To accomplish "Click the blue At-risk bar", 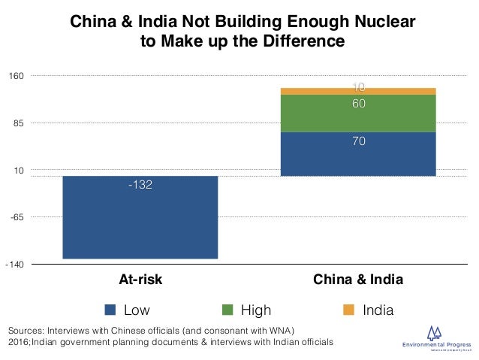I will click(x=140, y=217).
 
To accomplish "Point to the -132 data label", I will click(x=140, y=185).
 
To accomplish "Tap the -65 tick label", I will click(x=18, y=217).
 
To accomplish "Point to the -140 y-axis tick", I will click(x=16, y=265).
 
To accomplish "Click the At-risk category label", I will click(x=140, y=280).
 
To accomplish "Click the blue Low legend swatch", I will click(x=110, y=310).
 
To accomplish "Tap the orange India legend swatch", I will click(x=346, y=310).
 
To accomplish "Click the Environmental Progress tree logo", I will click(x=435, y=333).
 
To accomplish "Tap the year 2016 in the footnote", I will click(x=19, y=343).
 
